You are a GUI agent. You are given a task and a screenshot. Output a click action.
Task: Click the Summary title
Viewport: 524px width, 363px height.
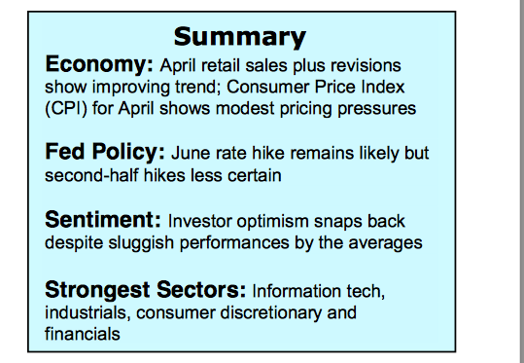(240, 37)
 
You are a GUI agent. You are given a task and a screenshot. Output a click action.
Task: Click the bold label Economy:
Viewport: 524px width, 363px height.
(99, 64)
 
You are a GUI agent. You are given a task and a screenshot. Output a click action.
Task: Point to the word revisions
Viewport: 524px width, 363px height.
(366, 65)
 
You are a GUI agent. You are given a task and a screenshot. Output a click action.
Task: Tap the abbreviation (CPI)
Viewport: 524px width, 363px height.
(66, 108)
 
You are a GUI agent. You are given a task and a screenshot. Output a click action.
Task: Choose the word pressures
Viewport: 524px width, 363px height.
(376, 109)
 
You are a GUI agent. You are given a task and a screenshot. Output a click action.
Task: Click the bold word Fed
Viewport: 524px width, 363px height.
(64, 152)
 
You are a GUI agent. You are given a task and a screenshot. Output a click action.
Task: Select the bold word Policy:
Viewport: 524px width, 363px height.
(128, 152)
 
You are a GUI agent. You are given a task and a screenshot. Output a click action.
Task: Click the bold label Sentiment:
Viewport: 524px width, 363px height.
(103, 220)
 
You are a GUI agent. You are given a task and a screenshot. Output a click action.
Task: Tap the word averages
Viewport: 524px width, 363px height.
(385, 243)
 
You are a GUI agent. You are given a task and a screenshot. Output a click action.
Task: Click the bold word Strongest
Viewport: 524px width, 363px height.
(97, 290)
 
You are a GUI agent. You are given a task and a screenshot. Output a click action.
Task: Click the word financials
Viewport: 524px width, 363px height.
(83, 334)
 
